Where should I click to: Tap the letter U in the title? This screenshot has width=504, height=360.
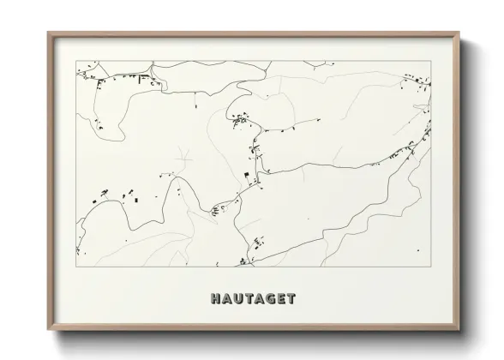(237, 299)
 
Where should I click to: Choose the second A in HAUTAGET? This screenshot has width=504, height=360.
(256, 299)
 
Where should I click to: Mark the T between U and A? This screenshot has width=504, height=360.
(247, 299)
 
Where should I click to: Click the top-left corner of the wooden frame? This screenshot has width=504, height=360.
(48, 33)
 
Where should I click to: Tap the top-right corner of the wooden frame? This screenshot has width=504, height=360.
(460, 33)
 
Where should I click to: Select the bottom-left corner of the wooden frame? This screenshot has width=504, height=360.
(48, 331)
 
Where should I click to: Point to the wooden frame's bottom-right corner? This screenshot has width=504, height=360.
(460, 331)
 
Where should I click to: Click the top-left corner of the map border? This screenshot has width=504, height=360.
(76, 61)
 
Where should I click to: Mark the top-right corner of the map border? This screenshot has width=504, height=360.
(430, 61)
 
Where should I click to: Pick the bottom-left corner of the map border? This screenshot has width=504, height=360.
(76, 267)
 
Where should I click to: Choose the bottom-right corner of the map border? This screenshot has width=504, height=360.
(430, 267)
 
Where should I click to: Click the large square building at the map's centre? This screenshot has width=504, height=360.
(249, 176)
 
